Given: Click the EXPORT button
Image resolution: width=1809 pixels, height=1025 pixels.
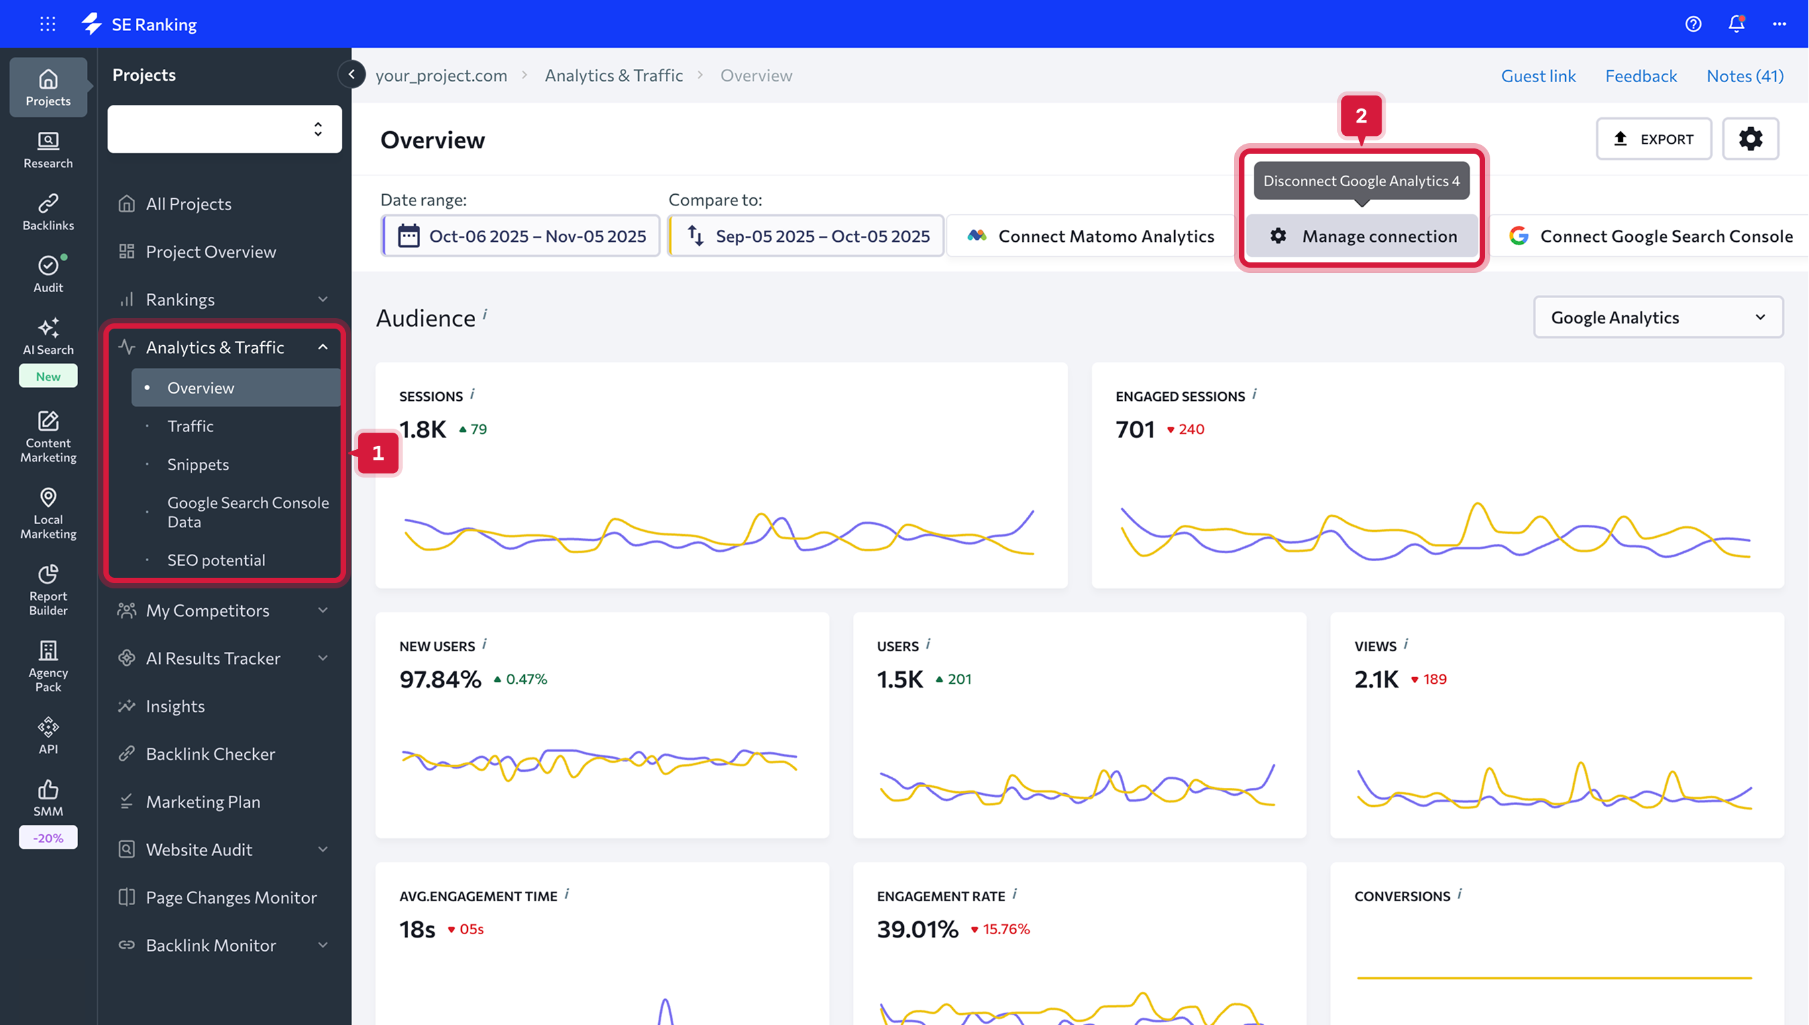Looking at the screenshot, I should pos(1653,138).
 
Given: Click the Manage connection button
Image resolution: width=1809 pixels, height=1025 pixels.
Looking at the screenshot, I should pos(1363,236).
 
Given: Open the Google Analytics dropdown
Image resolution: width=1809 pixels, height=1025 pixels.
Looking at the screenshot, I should pos(1658,317).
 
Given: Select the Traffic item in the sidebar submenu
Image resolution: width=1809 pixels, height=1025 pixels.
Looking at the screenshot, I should pos(190,426).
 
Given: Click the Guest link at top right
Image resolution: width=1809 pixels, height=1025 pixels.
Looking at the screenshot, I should pos(1538,76).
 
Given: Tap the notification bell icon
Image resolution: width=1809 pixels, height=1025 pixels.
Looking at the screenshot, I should pos(1736,24).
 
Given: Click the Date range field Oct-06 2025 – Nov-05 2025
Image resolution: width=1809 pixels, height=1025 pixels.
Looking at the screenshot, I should pos(521,236).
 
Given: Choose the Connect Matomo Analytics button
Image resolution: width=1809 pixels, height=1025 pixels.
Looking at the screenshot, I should pos(1091,236).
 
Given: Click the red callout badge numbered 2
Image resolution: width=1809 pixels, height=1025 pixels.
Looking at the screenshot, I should pos(1360,115).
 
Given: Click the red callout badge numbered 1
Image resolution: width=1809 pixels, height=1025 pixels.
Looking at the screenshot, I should pos(378,453).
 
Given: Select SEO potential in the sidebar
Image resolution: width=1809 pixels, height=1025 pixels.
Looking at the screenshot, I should pos(216,560).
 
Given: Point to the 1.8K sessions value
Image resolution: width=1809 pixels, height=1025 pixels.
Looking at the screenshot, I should pos(422,429).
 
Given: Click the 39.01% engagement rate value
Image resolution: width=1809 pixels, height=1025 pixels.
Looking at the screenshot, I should pos(917,928).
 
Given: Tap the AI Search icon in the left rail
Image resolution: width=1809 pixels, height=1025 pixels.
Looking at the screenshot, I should pos(48,337).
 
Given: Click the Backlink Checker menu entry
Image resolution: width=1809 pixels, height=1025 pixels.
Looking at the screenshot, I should pos(210,754).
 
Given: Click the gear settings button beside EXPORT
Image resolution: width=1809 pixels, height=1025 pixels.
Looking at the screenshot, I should pos(1750,138).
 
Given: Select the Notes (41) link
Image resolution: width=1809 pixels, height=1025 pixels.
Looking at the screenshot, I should pos(1744,76).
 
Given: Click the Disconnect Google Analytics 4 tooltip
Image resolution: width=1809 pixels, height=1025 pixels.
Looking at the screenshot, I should pos(1360,181).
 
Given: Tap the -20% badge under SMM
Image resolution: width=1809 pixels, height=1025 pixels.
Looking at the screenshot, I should pos(48,837).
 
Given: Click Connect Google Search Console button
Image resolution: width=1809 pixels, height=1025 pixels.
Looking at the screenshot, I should pos(1651,236).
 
